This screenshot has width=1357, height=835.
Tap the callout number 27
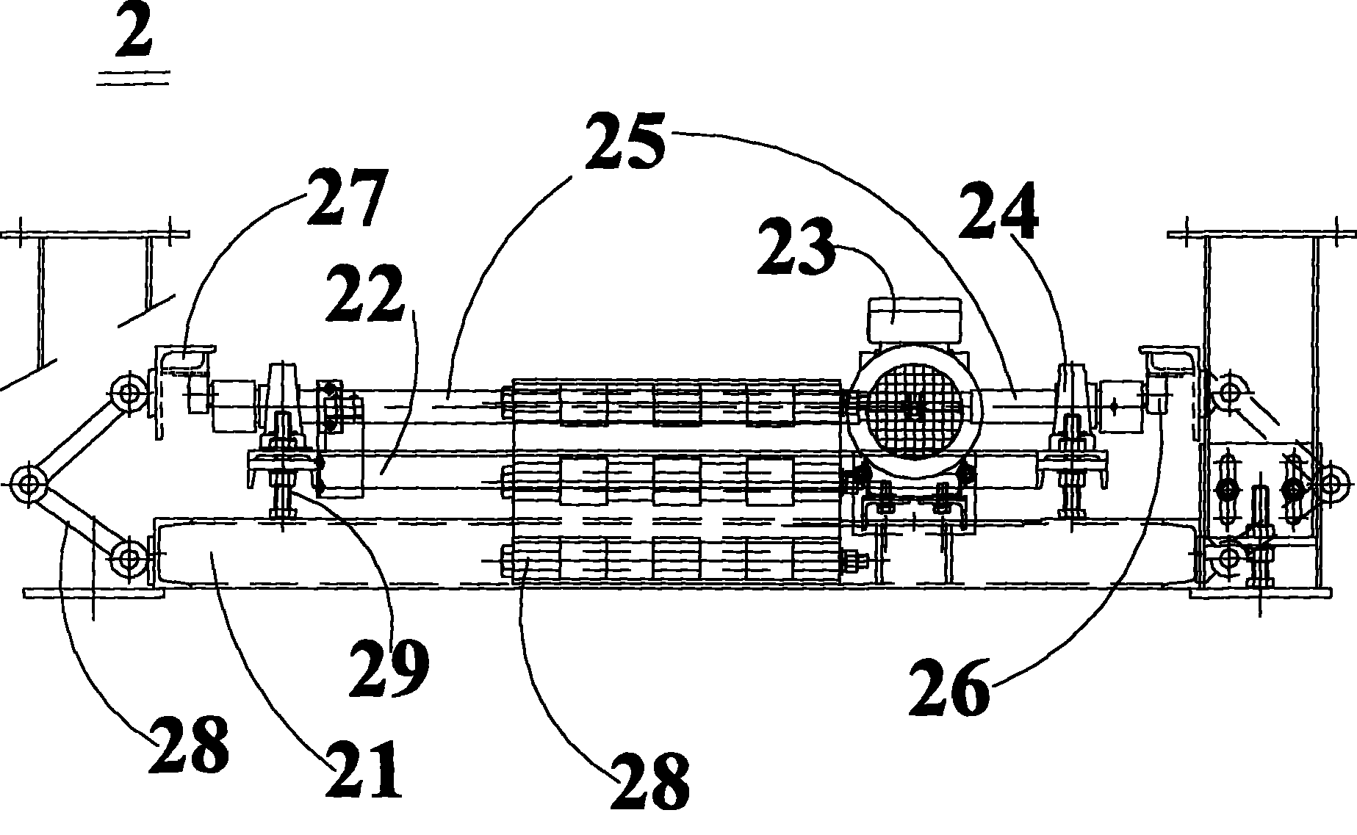pyautogui.click(x=345, y=198)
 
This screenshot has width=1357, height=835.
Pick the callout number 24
pyautogui.click(x=999, y=212)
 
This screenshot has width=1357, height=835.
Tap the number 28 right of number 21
pyautogui.click(x=651, y=780)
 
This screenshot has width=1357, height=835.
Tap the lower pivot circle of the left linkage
pyautogui.click(x=129, y=558)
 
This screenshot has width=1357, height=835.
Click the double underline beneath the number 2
pyautogui.click(x=133, y=78)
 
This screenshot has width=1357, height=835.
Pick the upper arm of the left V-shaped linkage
pyautogui.click(x=79, y=438)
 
